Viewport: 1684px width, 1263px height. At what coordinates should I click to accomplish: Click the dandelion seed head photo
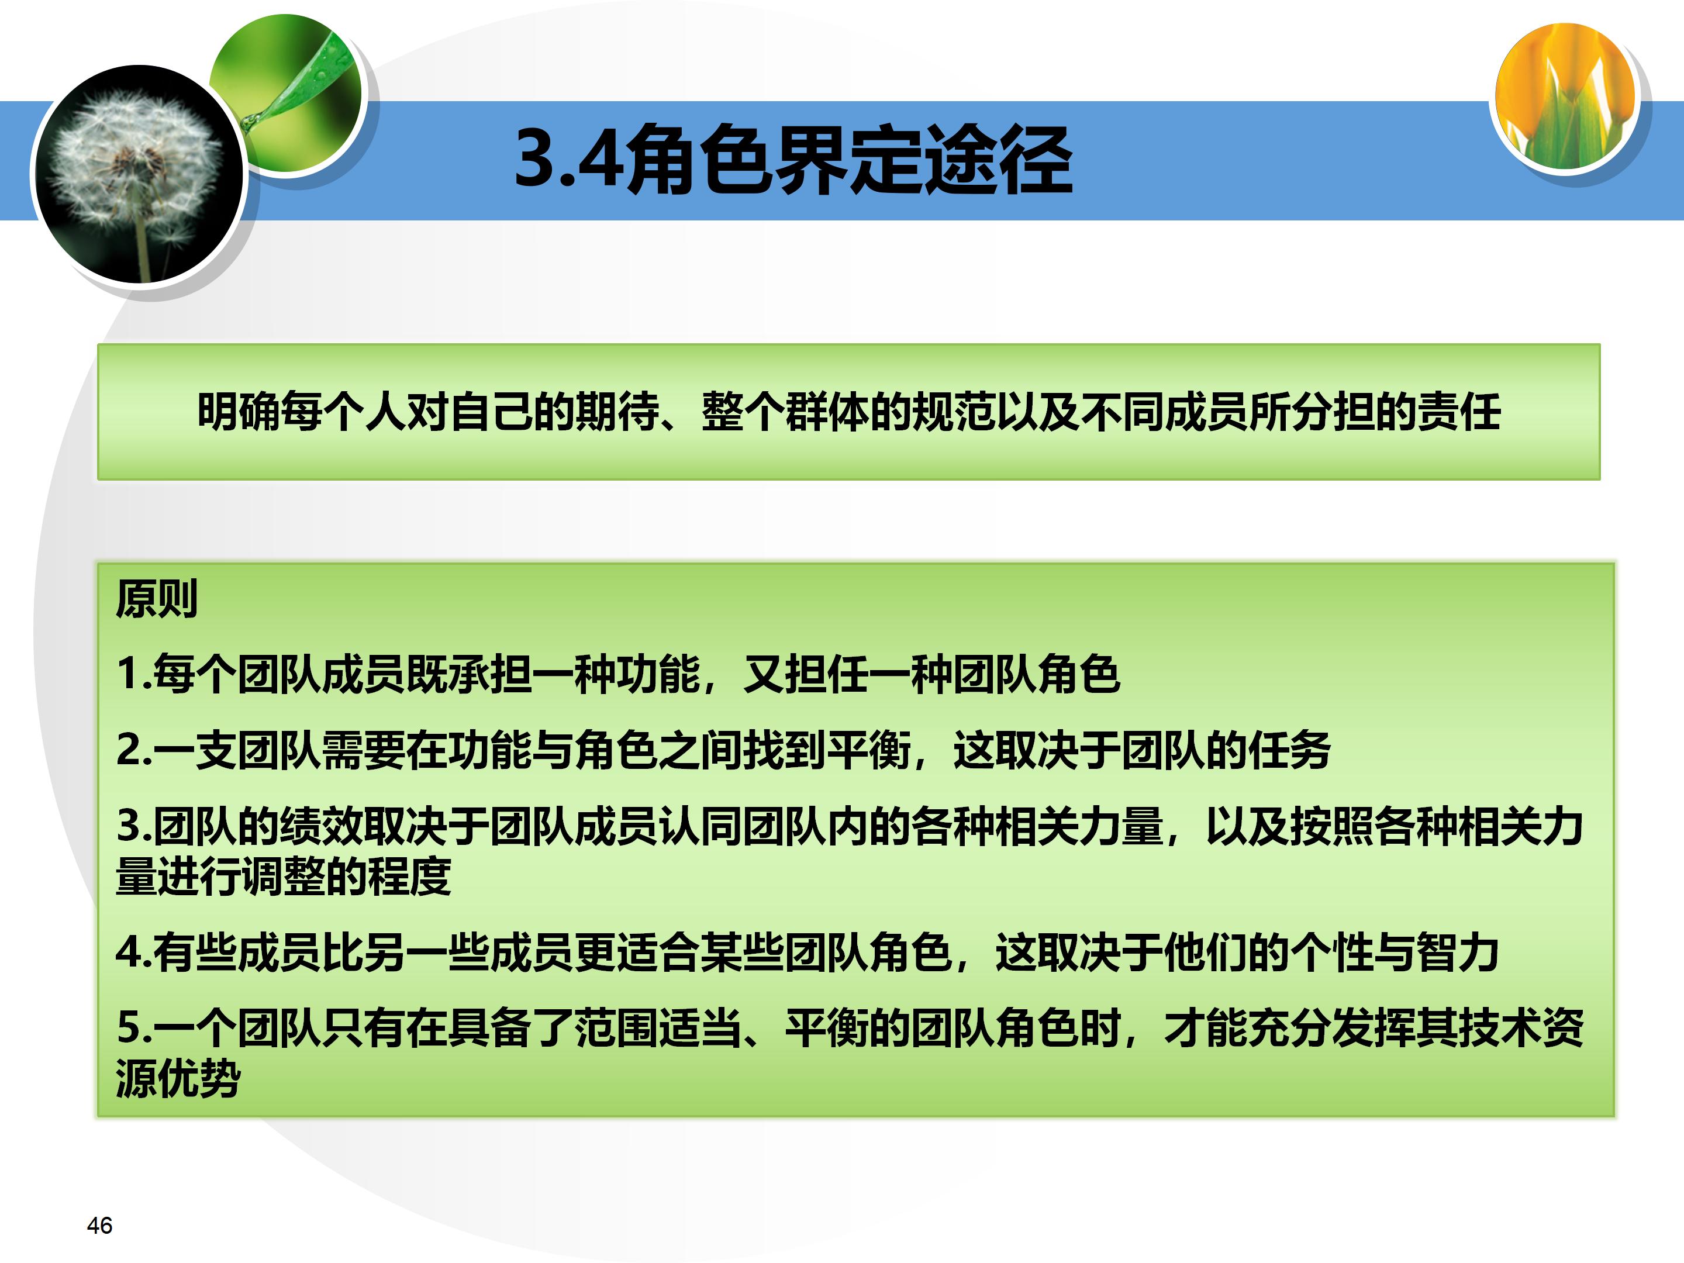pyautogui.click(x=137, y=174)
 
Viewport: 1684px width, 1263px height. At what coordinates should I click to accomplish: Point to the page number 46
pyautogui.click(x=100, y=1225)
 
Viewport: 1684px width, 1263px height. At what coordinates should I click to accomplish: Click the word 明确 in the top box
pyautogui.click(x=239, y=412)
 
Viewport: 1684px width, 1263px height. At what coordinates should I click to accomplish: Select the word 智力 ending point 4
pyautogui.click(x=1458, y=953)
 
